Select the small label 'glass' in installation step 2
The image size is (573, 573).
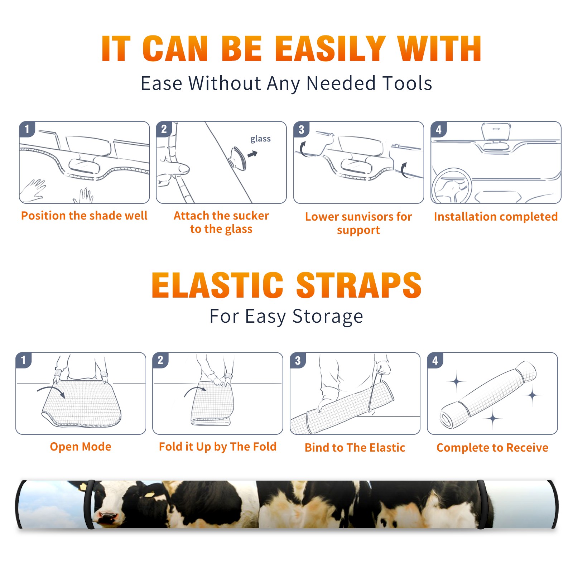tap(260, 139)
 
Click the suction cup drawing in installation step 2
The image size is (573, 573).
tap(238, 158)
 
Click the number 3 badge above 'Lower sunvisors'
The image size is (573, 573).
tap(301, 129)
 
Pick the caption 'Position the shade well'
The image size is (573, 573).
tap(84, 216)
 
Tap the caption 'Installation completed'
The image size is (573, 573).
tap(496, 216)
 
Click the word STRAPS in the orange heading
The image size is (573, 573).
tap(359, 285)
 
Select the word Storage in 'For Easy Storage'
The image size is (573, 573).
tap(328, 317)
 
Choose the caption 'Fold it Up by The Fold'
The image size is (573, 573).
tap(218, 447)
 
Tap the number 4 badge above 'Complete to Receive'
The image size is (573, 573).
tap(435, 360)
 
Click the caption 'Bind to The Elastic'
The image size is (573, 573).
tap(355, 448)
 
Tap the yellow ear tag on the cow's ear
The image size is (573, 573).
tap(149, 494)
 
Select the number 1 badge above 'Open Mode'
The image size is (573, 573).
tap(23, 360)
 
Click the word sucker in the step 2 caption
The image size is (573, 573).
tap(252, 216)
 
